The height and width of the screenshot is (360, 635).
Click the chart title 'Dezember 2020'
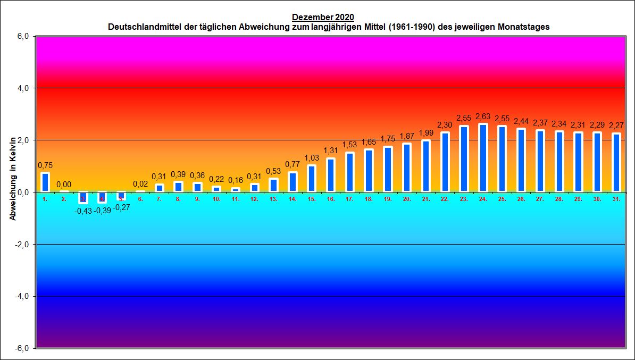(323, 17)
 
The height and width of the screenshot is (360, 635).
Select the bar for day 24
(483, 158)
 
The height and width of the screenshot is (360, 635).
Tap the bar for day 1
(45, 182)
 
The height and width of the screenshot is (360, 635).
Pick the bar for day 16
(331, 175)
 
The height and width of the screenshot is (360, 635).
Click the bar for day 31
(616, 163)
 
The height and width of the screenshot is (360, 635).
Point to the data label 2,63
(483, 116)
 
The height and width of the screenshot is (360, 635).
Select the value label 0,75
(45, 165)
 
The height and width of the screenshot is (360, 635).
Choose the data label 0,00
(64, 185)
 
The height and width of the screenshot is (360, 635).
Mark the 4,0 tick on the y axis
(24, 88)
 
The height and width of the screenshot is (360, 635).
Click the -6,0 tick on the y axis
(23, 348)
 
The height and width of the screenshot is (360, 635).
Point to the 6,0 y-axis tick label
(24, 36)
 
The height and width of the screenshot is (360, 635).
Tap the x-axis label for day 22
(445, 199)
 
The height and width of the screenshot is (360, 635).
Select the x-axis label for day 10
(216, 199)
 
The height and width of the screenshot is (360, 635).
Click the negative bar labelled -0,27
(121, 196)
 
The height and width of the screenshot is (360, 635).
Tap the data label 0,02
(140, 184)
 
